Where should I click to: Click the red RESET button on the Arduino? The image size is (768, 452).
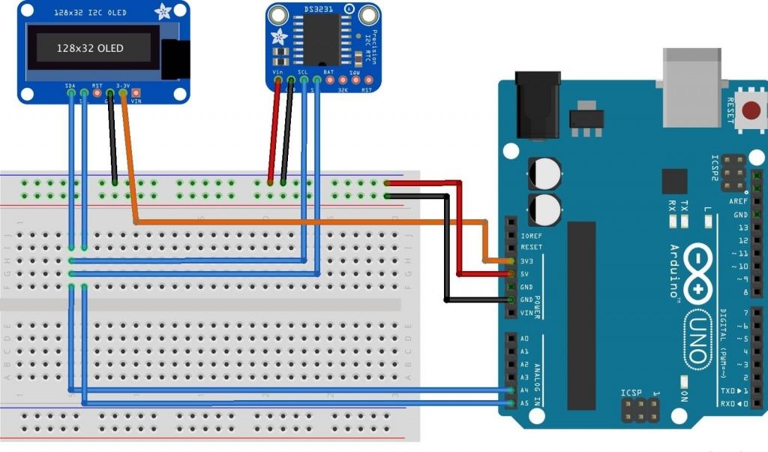tap(750, 111)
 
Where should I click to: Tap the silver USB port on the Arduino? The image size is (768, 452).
tap(691, 86)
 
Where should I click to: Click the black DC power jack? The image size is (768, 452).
tap(538, 104)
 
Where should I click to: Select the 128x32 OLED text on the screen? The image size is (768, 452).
tap(90, 48)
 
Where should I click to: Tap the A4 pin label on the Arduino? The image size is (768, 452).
tap(524, 390)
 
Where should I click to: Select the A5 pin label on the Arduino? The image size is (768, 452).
tap(524, 402)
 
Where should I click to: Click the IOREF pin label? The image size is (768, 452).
tap(531, 235)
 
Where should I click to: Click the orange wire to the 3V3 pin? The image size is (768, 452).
tap(300, 222)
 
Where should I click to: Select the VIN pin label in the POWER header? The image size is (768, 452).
tap(528, 313)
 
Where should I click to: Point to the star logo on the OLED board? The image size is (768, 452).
tap(162, 13)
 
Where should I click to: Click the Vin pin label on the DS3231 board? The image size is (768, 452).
tap(277, 73)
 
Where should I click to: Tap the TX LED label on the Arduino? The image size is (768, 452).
tap(683, 203)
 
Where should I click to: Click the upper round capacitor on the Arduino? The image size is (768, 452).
tap(544, 173)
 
